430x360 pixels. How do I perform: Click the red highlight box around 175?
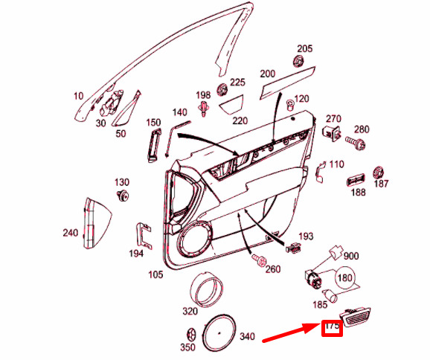(x=332, y=328)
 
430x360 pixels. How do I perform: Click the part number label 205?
(x=305, y=48)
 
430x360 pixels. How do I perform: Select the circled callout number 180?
(x=345, y=278)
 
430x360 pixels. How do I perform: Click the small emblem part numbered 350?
(x=191, y=335)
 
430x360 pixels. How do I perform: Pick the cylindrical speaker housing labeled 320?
(x=206, y=290)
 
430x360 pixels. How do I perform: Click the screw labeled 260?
(x=258, y=259)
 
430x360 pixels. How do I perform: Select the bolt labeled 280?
(x=356, y=143)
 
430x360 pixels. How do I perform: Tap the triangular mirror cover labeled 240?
(x=97, y=223)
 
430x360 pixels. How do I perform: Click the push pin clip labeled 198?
(x=203, y=108)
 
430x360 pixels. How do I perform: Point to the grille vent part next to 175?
(x=355, y=317)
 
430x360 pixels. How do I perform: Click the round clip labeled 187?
(x=379, y=173)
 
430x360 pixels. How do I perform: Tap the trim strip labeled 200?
(x=287, y=82)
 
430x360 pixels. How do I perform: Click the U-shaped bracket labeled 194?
(x=144, y=236)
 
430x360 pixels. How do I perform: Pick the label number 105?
(x=155, y=274)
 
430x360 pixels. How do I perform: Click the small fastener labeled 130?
(x=123, y=195)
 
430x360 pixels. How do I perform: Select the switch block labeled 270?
(x=332, y=132)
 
